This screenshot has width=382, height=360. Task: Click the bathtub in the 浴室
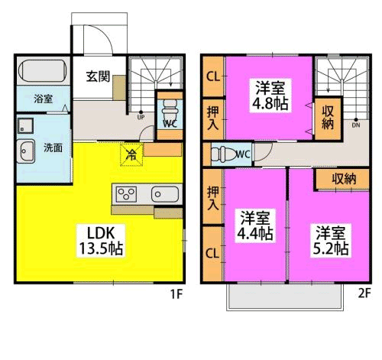tap(43, 71)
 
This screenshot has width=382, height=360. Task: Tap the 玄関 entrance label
tap(98, 76)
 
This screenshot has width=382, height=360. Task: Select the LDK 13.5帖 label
tap(101, 241)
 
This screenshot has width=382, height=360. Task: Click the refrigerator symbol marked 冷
tap(131, 154)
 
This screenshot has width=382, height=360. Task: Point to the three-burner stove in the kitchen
tap(126, 194)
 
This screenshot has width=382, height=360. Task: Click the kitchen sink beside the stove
tap(165, 194)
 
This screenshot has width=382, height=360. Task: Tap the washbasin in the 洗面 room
tap(26, 151)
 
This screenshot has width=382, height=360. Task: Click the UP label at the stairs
tap(141, 118)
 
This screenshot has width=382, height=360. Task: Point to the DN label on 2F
tap(356, 125)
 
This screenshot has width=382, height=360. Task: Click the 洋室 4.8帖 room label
tap(270, 96)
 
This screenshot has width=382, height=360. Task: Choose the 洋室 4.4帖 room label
tap(255, 225)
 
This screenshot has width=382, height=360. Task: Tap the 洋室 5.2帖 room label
tap(330, 241)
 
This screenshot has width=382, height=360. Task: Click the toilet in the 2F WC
tap(224, 154)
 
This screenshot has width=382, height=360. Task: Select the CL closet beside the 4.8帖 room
tap(213, 76)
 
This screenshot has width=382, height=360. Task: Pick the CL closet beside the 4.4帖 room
tap(212, 254)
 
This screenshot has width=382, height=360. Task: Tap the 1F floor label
tap(176, 294)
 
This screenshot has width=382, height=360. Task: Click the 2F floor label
tap(364, 294)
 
